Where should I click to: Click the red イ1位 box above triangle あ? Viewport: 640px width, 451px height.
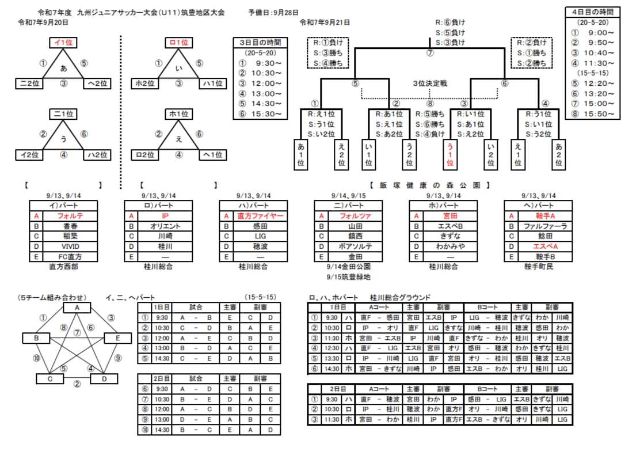coord(64,43)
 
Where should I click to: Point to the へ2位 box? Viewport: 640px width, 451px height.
coord(96,84)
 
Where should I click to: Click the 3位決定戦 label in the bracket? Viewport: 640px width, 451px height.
coord(430,84)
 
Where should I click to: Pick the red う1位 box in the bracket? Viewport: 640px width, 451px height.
coord(449,155)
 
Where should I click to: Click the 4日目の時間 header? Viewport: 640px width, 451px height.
coord(592,12)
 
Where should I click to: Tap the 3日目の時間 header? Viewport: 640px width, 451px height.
coord(260,43)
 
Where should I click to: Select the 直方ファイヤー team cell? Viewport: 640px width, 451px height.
coord(260,216)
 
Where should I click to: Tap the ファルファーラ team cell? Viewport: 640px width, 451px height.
coord(544,226)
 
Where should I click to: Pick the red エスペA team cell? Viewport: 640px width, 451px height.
coord(544,247)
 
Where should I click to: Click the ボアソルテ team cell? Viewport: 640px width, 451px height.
coord(355,247)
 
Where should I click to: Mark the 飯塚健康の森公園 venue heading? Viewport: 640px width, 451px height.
coord(429,185)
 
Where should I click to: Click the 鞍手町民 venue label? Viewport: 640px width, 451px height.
coord(538,267)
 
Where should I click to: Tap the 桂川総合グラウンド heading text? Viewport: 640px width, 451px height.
coord(401,297)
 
